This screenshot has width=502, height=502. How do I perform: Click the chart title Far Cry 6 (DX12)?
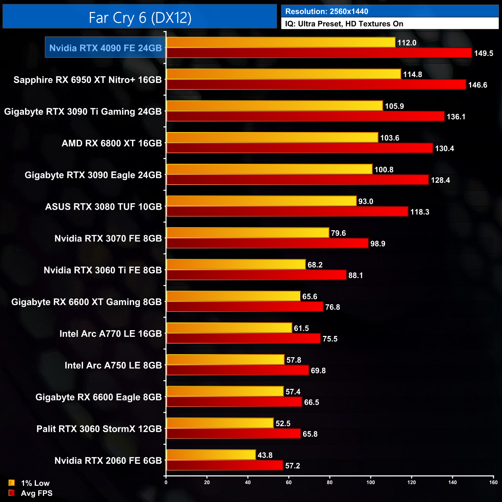coord(140,18)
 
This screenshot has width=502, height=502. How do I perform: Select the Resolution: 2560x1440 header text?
coord(327,12)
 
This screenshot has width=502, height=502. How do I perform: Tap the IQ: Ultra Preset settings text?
coord(344,24)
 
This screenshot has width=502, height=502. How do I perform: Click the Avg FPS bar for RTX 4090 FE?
coord(319,53)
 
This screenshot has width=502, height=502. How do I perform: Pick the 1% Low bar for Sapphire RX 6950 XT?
coord(283,74)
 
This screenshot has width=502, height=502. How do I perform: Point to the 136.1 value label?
coord(456,117)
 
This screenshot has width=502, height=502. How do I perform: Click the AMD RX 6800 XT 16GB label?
coord(112,143)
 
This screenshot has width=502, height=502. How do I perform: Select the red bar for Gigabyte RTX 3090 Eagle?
coord(297,180)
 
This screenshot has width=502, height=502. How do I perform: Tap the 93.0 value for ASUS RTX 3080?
coord(365,201)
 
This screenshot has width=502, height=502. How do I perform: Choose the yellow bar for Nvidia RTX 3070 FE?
coord(248,232)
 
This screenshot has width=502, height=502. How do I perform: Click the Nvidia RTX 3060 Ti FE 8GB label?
coord(103,270)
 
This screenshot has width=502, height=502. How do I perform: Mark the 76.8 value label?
coord(332,307)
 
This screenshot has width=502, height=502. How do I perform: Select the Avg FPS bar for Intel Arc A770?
coord(243,339)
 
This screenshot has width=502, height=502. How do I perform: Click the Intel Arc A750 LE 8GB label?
coord(113,365)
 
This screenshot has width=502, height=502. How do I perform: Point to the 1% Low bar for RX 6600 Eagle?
coord(225,391)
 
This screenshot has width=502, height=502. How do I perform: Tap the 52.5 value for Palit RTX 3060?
coord(283,424)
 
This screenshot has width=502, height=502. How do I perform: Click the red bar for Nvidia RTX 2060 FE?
coord(224,465)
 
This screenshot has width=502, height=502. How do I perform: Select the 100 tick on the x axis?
coord(370,482)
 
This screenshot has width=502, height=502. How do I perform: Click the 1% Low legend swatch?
coord(12,483)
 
